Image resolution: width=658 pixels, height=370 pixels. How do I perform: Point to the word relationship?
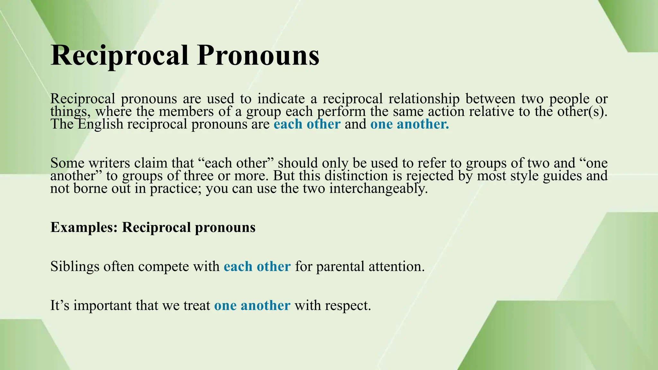click(424, 99)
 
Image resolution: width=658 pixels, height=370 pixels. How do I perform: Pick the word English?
click(101, 124)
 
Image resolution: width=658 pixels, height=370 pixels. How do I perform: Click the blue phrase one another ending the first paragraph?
click(409, 124)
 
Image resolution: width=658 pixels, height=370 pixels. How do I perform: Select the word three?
click(199, 176)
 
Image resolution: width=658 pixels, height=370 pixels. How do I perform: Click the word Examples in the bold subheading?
click(84, 227)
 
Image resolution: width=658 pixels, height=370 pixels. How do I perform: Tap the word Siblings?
click(75, 267)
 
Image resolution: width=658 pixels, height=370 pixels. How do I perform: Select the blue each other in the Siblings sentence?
click(257, 267)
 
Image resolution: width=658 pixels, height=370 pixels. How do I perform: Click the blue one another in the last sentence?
click(252, 305)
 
